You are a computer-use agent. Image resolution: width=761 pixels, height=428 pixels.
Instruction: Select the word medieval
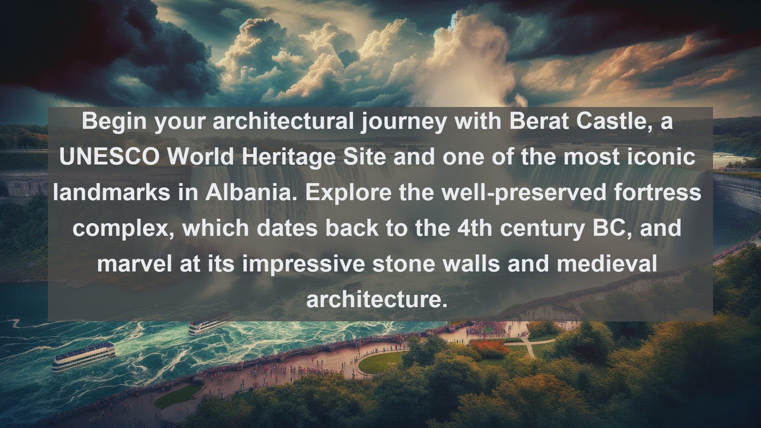tap(607, 264)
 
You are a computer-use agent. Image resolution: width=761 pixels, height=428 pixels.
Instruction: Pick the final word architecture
tap(377, 300)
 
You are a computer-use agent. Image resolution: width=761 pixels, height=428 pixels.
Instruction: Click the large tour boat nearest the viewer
tap(84, 357)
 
